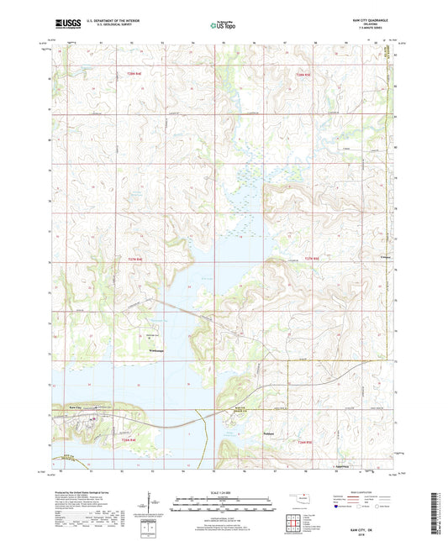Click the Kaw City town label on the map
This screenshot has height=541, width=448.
click(x=74, y=408)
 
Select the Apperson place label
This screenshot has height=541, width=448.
click(x=341, y=464)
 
